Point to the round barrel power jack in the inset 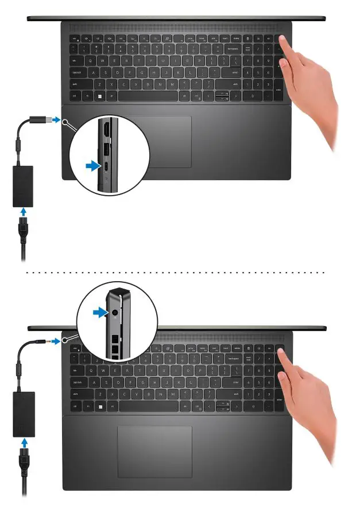click(x=117, y=313)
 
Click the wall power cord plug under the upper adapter click(x=25, y=232)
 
